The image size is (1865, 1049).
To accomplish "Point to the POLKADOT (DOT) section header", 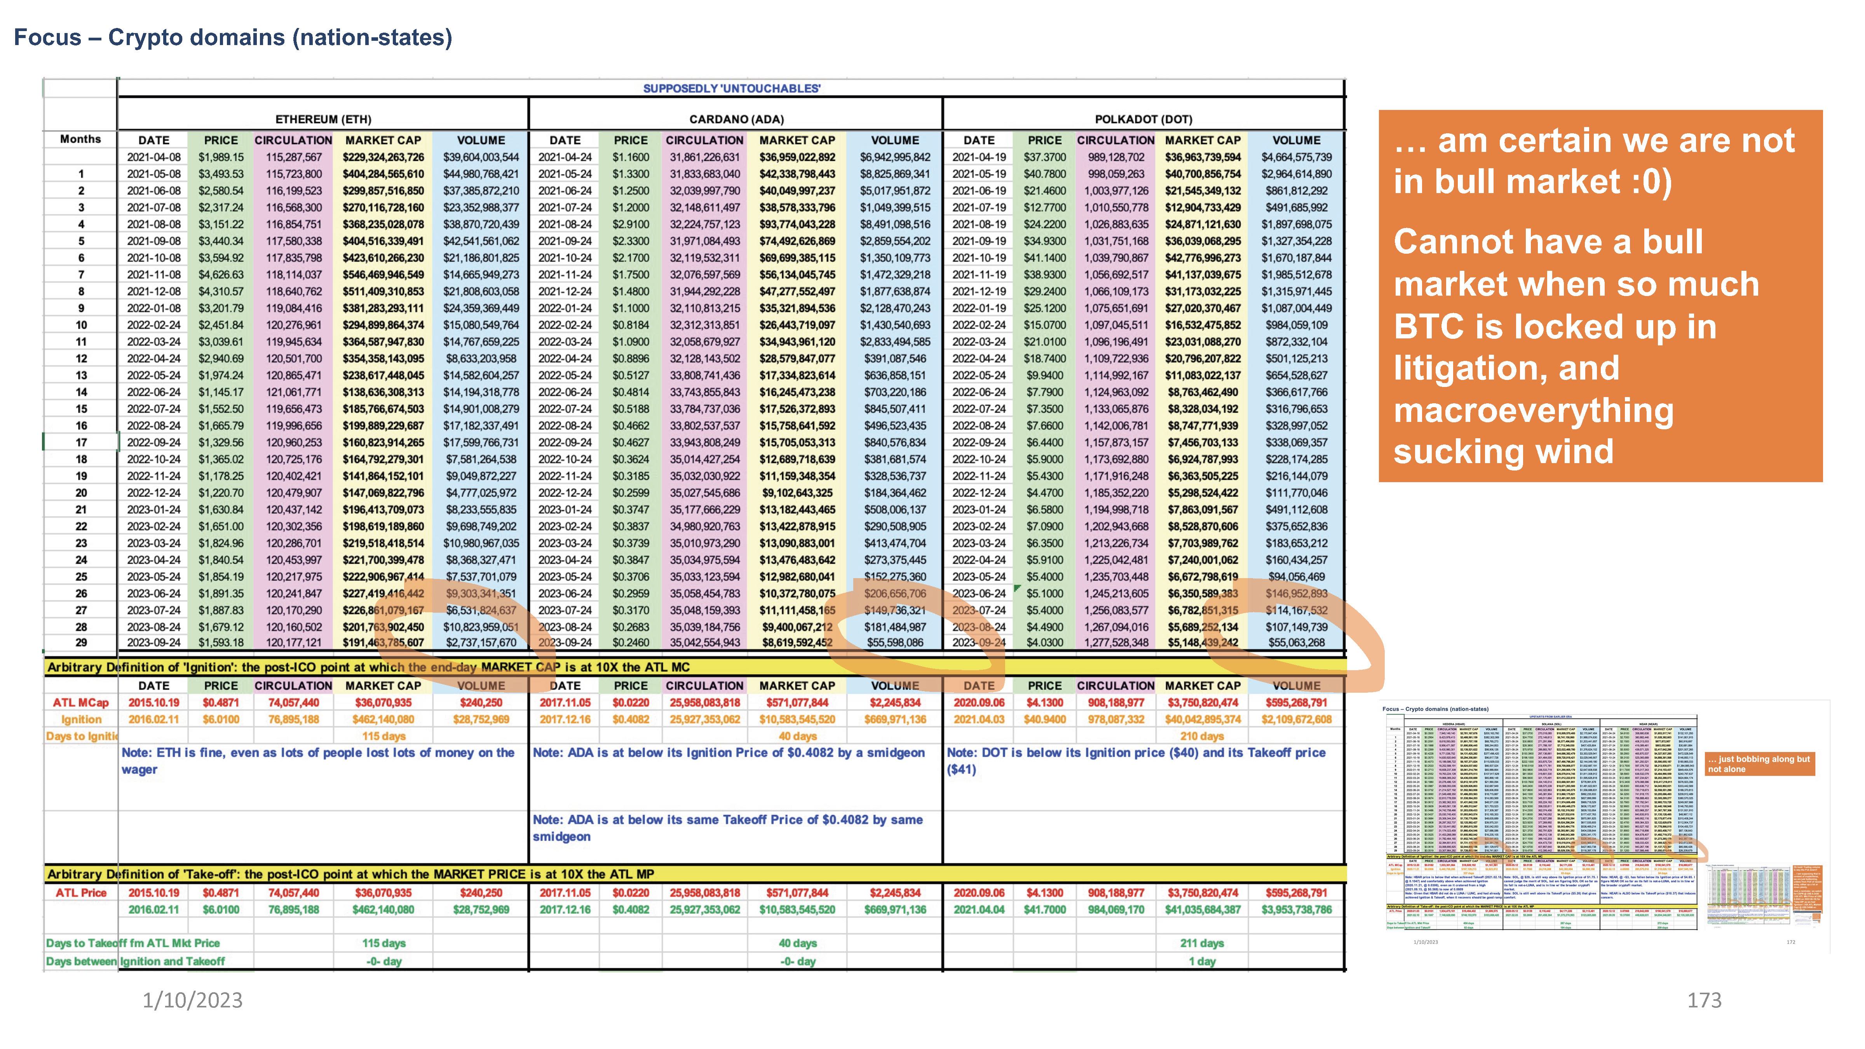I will [x=1143, y=119].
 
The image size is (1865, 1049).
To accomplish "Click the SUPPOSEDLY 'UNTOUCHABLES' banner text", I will [x=731, y=88].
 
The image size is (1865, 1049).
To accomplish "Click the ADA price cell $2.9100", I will [x=631, y=225].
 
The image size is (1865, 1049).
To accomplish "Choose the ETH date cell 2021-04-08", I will [x=153, y=157].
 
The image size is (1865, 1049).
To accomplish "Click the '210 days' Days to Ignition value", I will [x=1202, y=736].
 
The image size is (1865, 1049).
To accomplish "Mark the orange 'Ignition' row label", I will [x=81, y=720].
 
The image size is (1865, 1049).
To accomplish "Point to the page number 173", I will [x=1703, y=1000].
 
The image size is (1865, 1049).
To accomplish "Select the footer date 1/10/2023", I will [x=193, y=1000].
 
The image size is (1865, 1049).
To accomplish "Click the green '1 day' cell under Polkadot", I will [x=1202, y=962].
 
